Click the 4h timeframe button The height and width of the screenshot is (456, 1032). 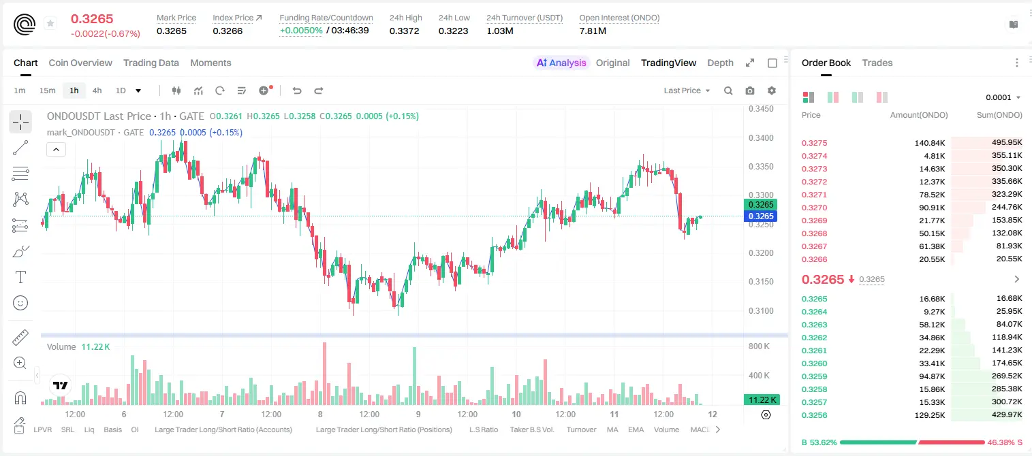[x=97, y=91]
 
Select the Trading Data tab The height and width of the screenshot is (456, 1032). [x=151, y=63]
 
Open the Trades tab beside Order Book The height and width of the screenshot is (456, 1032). [x=877, y=63]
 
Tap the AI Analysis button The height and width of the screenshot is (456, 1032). [x=561, y=63]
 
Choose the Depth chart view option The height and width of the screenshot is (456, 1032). [x=720, y=63]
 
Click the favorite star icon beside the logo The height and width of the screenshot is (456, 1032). [x=50, y=23]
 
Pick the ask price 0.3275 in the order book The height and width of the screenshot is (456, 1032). [x=814, y=143]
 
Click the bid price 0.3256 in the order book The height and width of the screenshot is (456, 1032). [x=814, y=415]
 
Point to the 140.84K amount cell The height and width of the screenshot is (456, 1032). [x=930, y=143]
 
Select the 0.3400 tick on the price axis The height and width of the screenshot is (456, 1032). [x=761, y=137]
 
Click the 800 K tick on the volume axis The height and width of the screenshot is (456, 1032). [x=760, y=346]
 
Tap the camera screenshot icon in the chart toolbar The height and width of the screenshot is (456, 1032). [x=750, y=91]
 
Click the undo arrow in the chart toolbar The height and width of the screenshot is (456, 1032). [x=297, y=91]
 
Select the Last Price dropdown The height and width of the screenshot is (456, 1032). [x=687, y=91]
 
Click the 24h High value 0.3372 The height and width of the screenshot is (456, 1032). [x=404, y=31]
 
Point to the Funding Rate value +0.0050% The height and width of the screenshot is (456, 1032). [x=301, y=31]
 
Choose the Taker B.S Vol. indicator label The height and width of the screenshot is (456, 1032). [x=531, y=429]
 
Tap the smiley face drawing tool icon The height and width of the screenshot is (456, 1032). [x=20, y=303]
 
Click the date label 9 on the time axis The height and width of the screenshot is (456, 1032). [x=418, y=414]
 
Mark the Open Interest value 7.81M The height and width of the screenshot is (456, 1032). [x=593, y=31]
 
